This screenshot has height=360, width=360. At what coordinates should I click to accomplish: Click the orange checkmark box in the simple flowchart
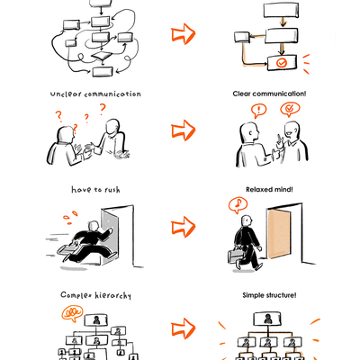(282, 63)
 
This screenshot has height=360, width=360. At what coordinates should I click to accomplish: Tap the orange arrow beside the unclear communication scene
(184, 130)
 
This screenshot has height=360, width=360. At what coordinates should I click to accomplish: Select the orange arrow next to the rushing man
(184, 227)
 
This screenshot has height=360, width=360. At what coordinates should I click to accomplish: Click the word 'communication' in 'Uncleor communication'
(112, 94)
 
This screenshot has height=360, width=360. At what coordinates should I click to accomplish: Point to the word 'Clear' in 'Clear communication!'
(242, 94)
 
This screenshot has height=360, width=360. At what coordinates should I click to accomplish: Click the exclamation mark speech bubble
(258, 111)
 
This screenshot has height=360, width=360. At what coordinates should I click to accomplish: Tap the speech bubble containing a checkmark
(290, 110)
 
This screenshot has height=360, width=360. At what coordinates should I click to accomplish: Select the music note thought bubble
(238, 204)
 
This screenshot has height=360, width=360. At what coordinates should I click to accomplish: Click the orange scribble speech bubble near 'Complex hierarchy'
(72, 313)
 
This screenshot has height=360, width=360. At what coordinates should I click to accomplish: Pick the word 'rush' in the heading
(112, 190)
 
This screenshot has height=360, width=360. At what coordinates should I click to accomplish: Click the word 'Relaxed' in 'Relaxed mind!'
(257, 190)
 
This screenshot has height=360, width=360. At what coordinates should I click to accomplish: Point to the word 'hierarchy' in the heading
(113, 296)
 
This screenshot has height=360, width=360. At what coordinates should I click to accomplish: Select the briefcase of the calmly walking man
(236, 256)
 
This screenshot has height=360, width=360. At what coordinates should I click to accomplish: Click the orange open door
(279, 233)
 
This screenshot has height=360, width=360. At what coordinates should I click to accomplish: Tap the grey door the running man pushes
(110, 237)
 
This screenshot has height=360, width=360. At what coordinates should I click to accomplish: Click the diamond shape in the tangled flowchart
(101, 56)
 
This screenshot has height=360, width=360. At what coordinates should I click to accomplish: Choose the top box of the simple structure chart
(267, 319)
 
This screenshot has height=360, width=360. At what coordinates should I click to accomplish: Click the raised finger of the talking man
(279, 139)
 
